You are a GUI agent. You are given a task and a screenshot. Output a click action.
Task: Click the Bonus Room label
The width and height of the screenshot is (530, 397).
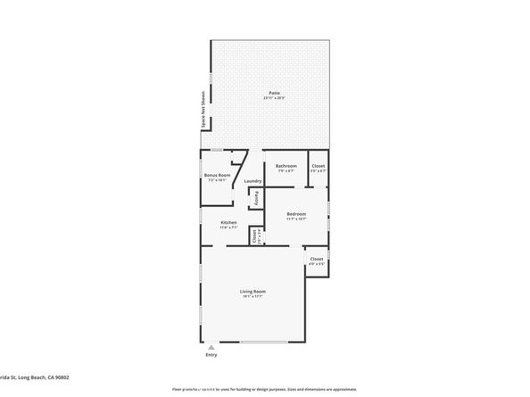coord(217,175)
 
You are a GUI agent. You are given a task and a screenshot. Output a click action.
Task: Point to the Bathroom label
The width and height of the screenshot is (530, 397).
coord(286,166)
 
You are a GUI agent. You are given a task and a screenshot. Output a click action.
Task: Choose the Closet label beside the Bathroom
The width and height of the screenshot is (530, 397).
coord(318,166)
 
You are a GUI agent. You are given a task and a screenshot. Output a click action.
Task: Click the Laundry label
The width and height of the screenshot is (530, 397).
coord(253,181)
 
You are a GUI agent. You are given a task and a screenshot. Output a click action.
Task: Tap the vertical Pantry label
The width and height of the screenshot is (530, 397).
coord(257,197)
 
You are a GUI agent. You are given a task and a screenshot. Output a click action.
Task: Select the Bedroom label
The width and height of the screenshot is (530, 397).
coord(296,213)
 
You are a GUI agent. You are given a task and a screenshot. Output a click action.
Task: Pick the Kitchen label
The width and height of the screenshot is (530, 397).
coord(228,222)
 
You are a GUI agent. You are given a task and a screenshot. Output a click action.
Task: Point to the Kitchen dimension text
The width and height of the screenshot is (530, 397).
coord(228,227)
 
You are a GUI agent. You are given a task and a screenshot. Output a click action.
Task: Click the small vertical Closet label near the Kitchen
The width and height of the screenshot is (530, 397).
coord(254,236)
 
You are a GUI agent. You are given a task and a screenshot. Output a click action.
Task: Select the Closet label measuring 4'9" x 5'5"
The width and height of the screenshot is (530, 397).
coord(316,262)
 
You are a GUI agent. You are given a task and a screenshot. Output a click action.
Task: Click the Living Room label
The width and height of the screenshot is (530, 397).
coord(253,292)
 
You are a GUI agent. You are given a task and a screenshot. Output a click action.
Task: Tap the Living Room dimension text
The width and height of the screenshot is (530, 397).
coord(253,297)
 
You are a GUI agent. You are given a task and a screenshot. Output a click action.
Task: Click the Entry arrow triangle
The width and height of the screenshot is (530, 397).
coord(211,346)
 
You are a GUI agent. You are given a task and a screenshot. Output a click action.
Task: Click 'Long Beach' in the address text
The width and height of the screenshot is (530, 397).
coord(33,378)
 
